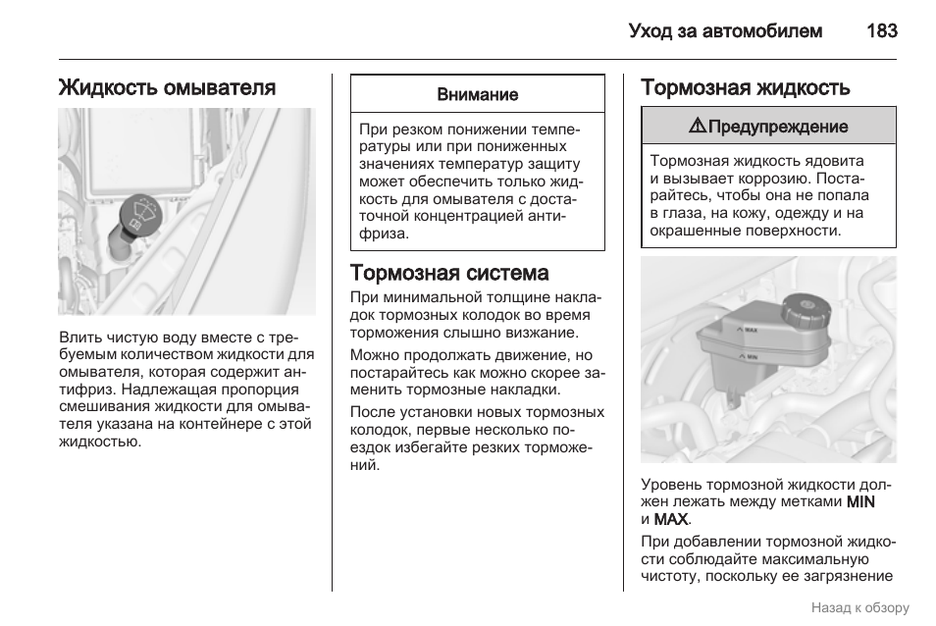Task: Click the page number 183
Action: tap(881, 31)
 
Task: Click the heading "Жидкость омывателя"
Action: tap(167, 87)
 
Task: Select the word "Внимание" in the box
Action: tap(477, 95)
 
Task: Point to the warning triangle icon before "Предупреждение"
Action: tap(697, 126)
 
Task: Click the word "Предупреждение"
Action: tap(778, 127)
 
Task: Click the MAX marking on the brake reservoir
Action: tap(749, 331)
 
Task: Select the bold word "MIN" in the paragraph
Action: tap(860, 501)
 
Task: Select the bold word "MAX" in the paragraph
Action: tap(671, 519)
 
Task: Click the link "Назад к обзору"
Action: tap(859, 607)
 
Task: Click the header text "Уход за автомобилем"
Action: tap(725, 31)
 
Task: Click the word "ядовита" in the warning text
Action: tap(832, 160)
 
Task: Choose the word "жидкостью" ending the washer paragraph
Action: tap(99, 442)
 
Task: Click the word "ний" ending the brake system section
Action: tap(364, 465)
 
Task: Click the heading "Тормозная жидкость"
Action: tap(745, 87)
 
